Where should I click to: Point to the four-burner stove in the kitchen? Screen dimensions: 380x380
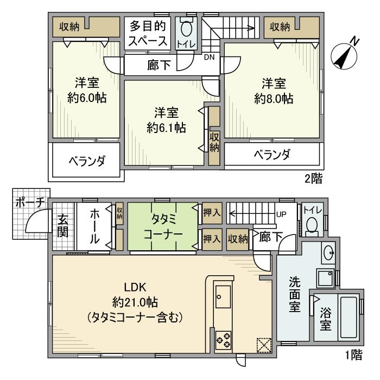(x=223, y=339)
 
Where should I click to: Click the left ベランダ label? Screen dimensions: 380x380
(x=86, y=161)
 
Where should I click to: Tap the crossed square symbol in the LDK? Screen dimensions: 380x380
(x=263, y=344)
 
